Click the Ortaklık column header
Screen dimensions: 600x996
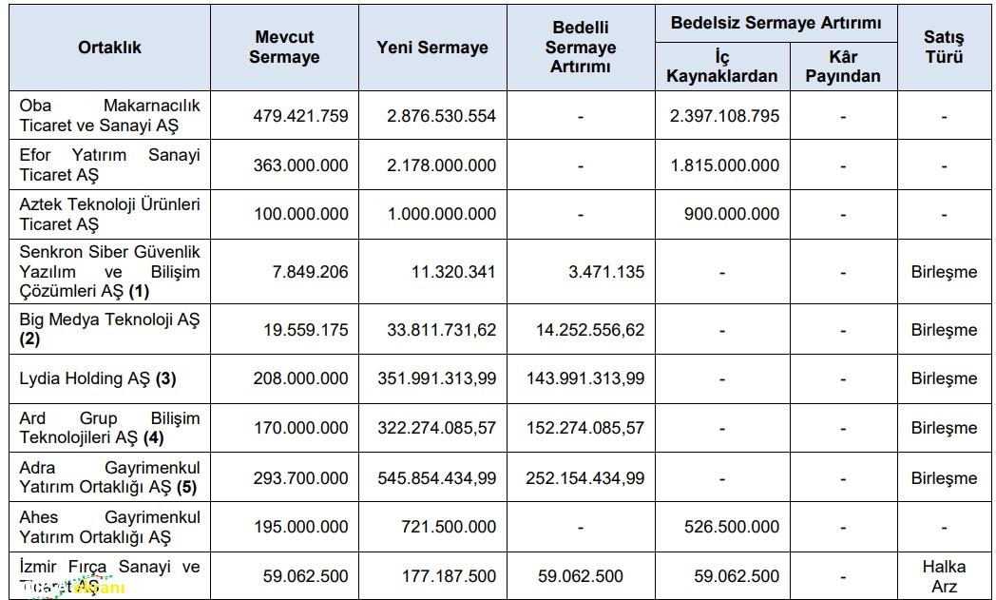tap(109, 47)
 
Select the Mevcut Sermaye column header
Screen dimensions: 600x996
tap(284, 47)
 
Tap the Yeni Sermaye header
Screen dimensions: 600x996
tap(432, 47)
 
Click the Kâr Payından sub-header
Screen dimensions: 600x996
tap(842, 66)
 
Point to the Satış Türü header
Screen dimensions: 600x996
tap(943, 47)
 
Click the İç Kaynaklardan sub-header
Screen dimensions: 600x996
tap(721, 66)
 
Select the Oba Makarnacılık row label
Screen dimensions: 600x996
tap(109, 115)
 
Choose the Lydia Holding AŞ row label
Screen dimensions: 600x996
tap(98, 378)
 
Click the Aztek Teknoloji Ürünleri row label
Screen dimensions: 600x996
tap(109, 214)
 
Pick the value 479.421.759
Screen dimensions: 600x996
tap(300, 116)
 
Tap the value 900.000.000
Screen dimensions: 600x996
tap(731, 214)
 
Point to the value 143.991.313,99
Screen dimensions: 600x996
tap(584, 378)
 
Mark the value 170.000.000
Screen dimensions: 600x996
tap(300, 428)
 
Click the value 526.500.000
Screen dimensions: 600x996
tap(731, 527)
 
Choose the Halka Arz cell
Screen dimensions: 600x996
tap(943, 575)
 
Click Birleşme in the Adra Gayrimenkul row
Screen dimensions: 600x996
tap(943, 478)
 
